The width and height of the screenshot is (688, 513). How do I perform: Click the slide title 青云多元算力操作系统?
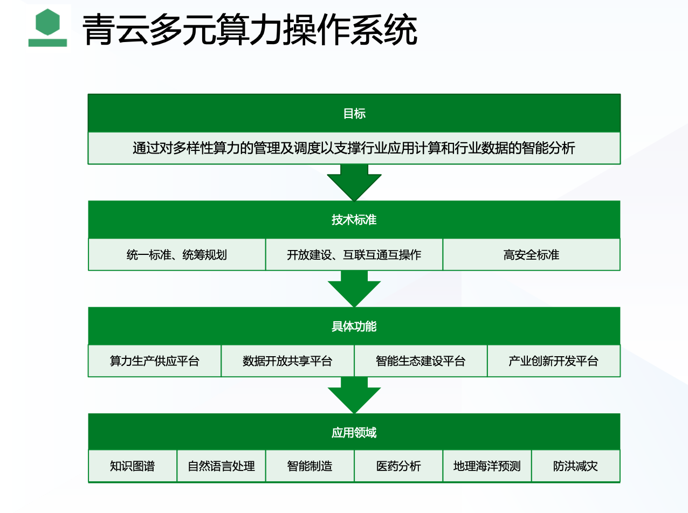[x=250, y=30]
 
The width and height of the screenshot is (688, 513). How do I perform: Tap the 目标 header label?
[x=354, y=114]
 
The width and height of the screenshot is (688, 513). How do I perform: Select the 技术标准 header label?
[x=354, y=220]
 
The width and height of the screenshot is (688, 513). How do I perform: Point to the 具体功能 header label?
[x=354, y=326]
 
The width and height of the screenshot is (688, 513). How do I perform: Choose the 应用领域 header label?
[x=354, y=432]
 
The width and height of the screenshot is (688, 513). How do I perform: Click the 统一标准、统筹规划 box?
[x=177, y=254]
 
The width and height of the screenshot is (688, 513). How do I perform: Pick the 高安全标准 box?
[x=532, y=254]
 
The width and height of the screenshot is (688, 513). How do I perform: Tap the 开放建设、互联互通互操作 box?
[x=354, y=254]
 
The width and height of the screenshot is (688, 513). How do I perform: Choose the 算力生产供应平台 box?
[x=155, y=361]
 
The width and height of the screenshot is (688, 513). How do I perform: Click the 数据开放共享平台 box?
[x=287, y=361]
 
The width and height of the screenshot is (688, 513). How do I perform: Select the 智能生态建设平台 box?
[x=421, y=361]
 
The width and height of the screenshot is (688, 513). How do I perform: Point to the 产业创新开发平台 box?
[x=554, y=361]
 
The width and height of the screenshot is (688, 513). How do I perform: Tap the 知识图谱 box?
[x=133, y=466]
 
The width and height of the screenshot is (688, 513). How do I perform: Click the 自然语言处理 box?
[x=221, y=466]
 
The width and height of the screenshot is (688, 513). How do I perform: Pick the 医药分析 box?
[x=398, y=466]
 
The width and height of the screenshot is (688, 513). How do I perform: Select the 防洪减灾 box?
[x=576, y=466]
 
